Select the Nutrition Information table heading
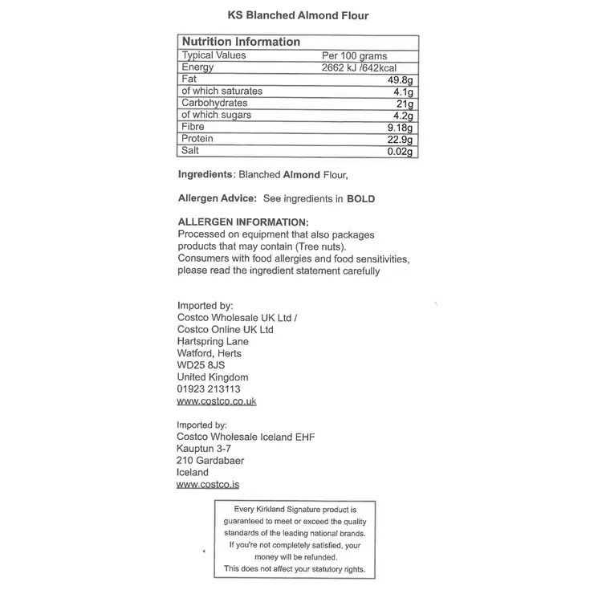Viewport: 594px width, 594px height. click(241, 42)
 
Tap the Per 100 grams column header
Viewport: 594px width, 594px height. click(353, 56)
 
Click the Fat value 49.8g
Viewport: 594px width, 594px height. click(401, 80)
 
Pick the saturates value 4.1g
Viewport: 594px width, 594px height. click(404, 92)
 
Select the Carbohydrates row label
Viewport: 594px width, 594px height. click(214, 104)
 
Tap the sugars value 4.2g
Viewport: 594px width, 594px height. click(404, 116)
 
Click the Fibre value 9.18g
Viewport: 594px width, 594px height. click(401, 128)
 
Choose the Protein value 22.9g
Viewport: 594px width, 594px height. click(401, 140)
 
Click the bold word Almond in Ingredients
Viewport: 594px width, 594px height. click(301, 174)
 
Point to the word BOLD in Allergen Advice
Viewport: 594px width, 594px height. click(360, 198)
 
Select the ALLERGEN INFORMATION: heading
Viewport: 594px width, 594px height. click(242, 222)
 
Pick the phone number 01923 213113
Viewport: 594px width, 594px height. click(209, 389)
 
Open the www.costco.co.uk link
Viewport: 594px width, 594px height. click(216, 401)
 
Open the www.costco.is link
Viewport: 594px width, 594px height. click(208, 485)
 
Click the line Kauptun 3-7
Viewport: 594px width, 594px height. click(204, 449)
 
